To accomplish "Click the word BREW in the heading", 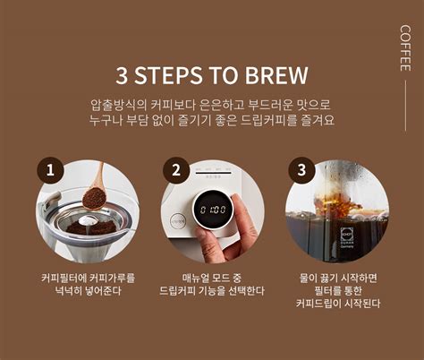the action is pyautogui.click(x=276, y=75).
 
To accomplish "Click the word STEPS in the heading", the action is pyautogui.click(x=168, y=75).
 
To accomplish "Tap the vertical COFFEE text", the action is pyautogui.click(x=405, y=48).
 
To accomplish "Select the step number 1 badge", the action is pyautogui.click(x=50, y=170).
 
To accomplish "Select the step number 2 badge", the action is pyautogui.click(x=176, y=170).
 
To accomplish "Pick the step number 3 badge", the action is pyautogui.click(x=301, y=170).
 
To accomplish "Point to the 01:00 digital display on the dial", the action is pyautogui.click(x=213, y=210).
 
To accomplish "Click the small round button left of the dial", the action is pyautogui.click(x=178, y=222).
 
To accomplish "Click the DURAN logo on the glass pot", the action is pyautogui.click(x=347, y=236).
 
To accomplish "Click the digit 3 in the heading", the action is pyautogui.click(x=122, y=75).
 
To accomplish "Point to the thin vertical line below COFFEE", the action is pyautogui.click(x=406, y=106).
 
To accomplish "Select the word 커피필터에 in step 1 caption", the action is pyautogui.click(x=64, y=279).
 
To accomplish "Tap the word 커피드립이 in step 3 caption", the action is pyautogui.click(x=318, y=304).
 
